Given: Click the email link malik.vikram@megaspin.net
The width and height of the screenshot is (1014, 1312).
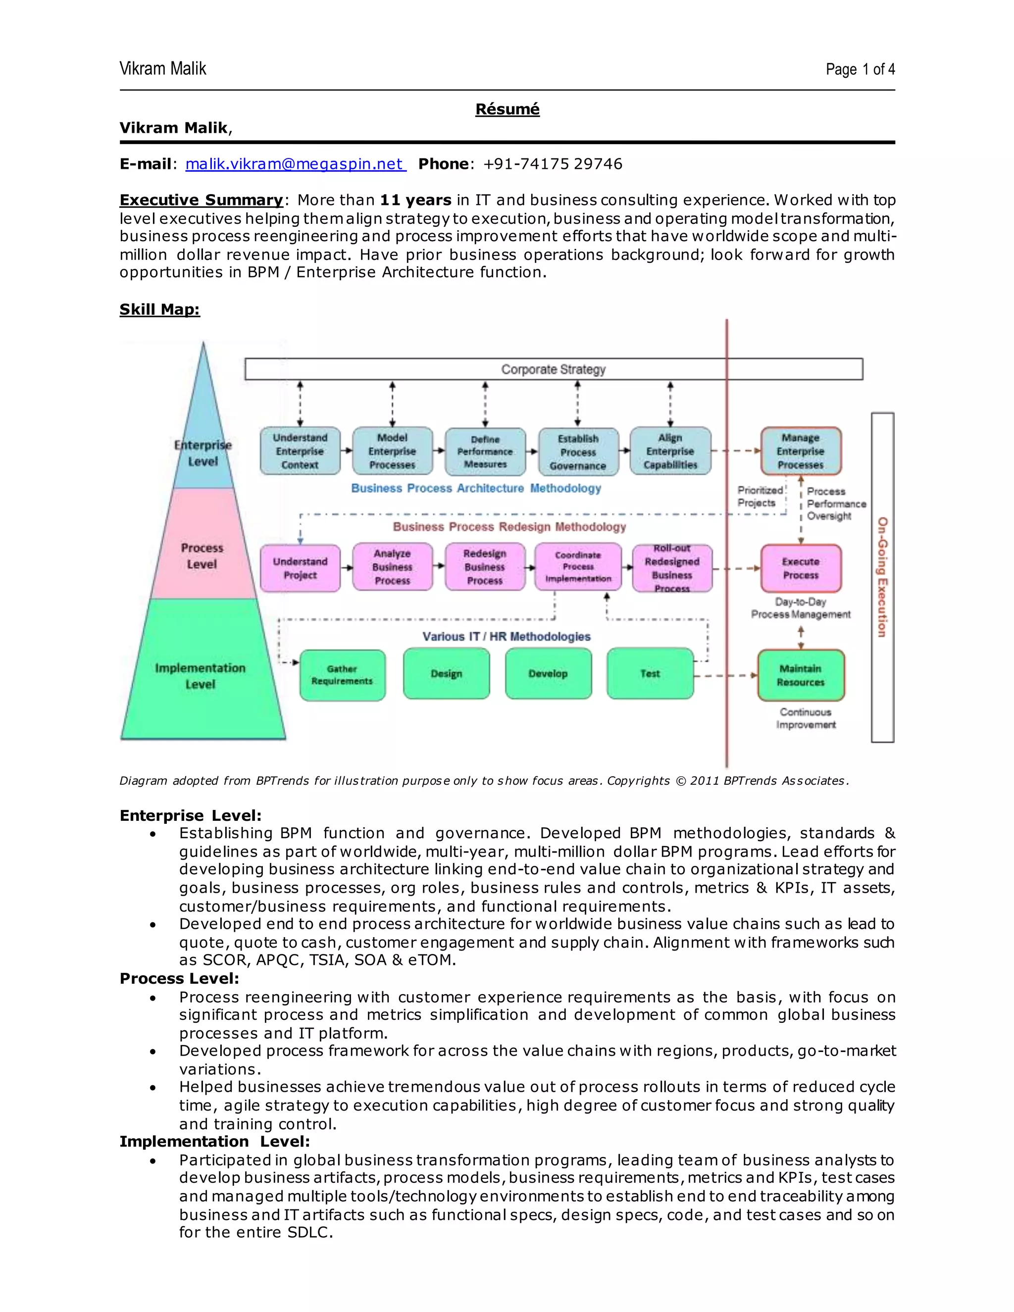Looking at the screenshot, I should click(296, 164).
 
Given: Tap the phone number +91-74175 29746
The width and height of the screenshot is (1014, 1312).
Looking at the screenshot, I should click(553, 164).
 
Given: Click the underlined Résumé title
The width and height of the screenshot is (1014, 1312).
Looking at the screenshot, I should click(507, 109).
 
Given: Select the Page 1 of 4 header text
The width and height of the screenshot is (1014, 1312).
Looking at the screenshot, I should click(860, 70).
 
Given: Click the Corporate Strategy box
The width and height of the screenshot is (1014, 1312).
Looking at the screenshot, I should click(553, 369).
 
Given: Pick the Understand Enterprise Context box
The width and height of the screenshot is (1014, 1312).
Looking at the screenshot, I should click(300, 451).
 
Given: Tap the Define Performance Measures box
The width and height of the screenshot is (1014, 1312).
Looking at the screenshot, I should click(485, 452).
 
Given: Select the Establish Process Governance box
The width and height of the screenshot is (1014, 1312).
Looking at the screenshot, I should click(578, 452).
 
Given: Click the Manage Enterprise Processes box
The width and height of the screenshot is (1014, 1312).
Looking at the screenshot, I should click(800, 451).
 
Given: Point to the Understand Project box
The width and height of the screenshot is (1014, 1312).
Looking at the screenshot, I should click(300, 568).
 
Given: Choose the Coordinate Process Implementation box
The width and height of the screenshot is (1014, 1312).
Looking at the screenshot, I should click(578, 567).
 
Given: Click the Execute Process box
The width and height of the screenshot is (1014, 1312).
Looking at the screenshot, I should click(800, 568).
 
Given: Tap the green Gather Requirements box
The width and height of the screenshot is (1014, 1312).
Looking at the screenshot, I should click(342, 675).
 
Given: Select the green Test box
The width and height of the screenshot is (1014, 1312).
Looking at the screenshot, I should click(650, 674).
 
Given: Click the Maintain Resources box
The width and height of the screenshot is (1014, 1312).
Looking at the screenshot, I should click(800, 675).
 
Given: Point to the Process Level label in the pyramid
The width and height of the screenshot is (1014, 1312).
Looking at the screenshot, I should click(202, 555).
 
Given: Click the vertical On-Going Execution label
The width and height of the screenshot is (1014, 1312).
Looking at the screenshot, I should click(882, 577).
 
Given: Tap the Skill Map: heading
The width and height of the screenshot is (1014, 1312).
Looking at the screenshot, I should click(159, 309).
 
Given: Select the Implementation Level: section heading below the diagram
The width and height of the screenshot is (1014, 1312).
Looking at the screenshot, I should click(214, 1141).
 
